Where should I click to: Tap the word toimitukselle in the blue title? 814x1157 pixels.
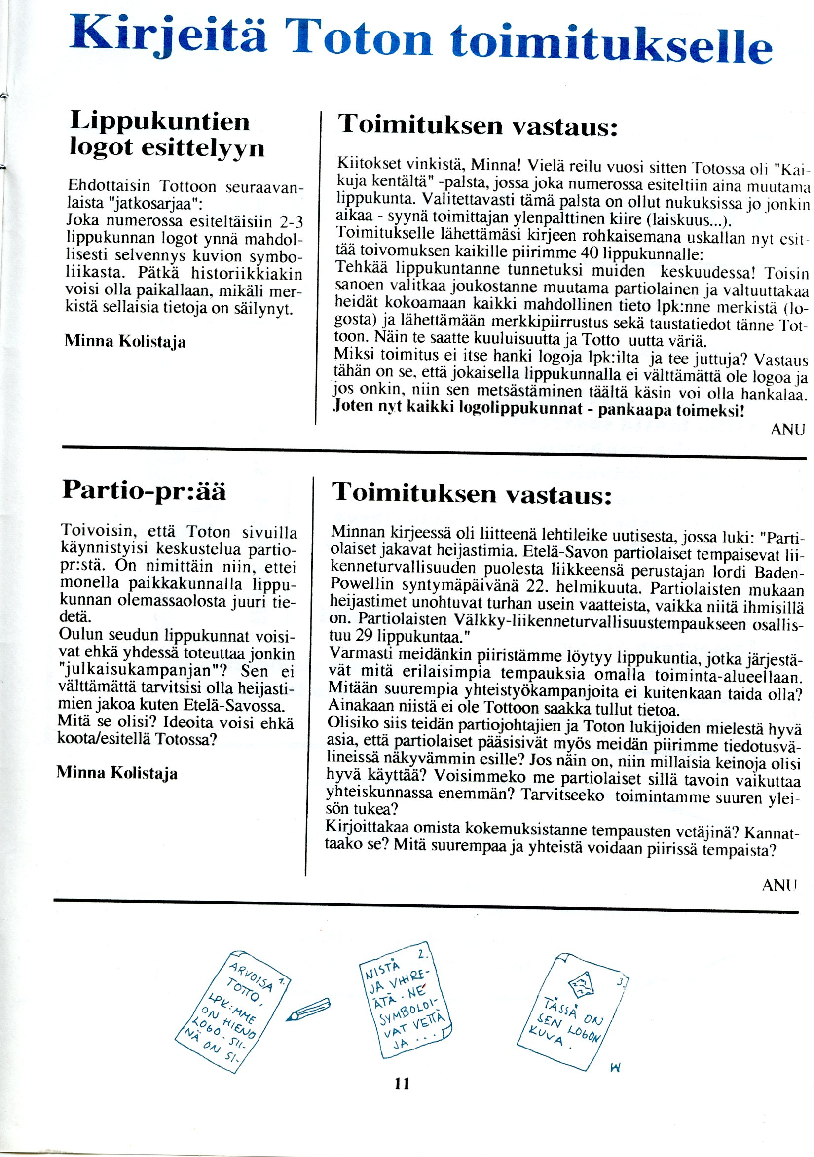611,42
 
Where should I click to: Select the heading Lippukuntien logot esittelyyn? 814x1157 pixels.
166,134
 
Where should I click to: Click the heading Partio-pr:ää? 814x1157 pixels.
144,490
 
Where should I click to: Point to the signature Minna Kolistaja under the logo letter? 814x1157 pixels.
125,341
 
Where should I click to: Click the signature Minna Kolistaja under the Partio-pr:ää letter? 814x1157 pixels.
116,772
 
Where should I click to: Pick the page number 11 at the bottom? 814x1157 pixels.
402,1083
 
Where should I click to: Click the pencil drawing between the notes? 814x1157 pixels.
308,1010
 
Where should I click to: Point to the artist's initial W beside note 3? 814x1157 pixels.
614,1067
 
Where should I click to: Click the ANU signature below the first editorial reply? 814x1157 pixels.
788,430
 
